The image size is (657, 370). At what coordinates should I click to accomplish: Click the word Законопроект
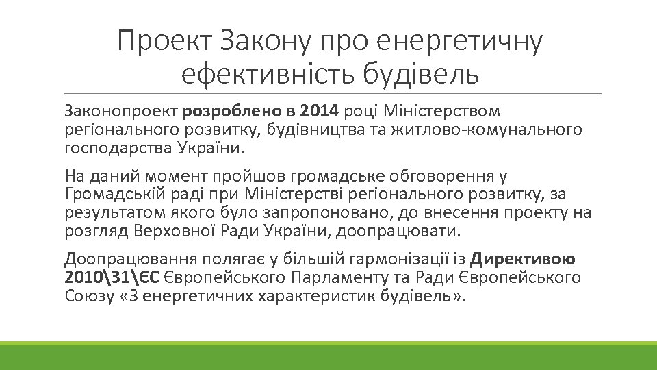[120, 110]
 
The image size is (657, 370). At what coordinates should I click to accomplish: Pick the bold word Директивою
[524, 260]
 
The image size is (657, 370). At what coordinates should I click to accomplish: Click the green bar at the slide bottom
[328, 356]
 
